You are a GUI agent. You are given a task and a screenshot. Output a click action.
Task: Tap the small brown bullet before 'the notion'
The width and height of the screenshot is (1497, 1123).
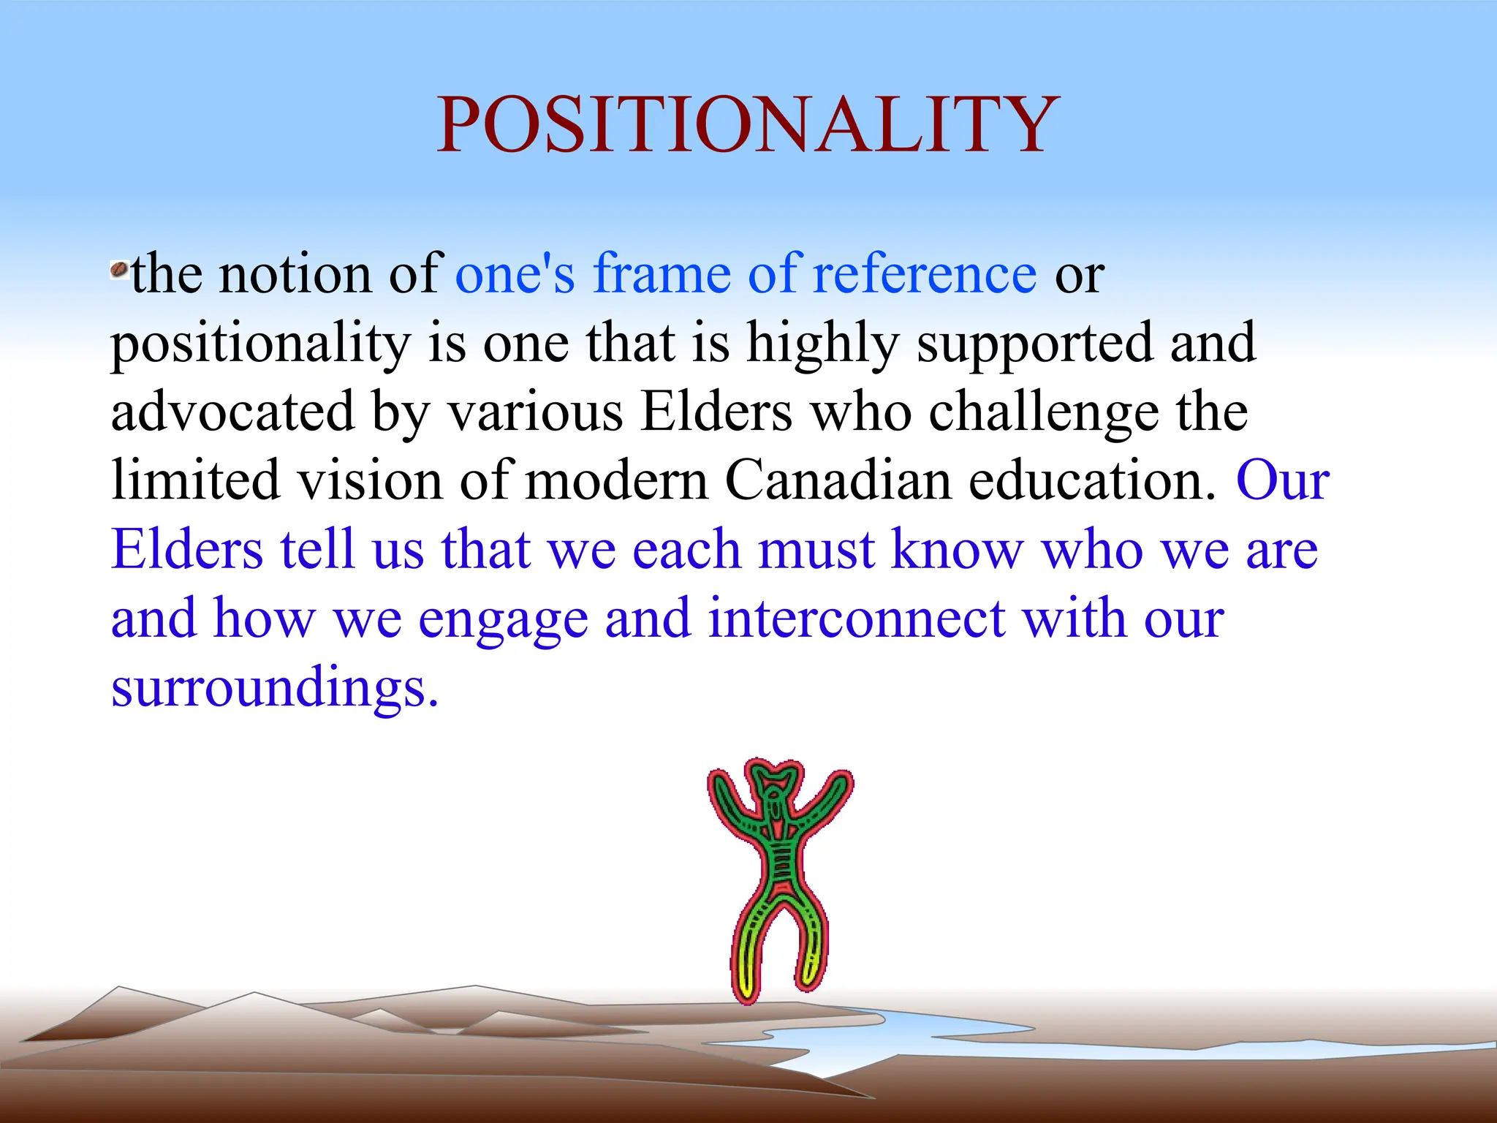tap(118, 271)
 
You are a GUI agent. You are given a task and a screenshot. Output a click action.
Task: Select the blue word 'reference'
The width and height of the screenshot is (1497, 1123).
tap(924, 273)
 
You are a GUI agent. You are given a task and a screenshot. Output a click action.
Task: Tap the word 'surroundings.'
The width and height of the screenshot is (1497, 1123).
tap(275, 687)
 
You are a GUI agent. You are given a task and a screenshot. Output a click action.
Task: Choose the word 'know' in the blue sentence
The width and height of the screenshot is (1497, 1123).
tap(957, 549)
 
